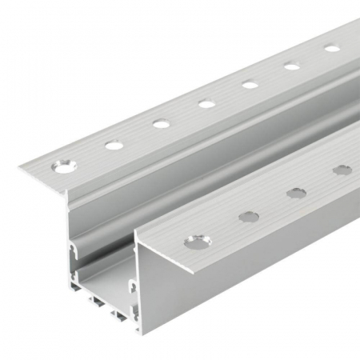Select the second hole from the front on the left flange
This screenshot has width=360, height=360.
coord(114,145)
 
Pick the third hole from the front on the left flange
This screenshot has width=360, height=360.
coord(162,123)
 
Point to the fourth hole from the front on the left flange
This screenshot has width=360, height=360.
coord(206,103)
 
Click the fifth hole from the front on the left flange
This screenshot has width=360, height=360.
coord(250,84)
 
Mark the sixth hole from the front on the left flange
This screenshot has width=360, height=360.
coord(292,66)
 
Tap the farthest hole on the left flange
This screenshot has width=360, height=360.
coord(332,48)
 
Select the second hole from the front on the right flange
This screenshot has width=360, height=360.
coord(249,216)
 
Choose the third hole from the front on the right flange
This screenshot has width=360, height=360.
coord(297,193)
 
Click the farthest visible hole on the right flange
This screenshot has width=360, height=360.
coord(342,170)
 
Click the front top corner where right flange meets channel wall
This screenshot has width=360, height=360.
coord(136,233)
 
